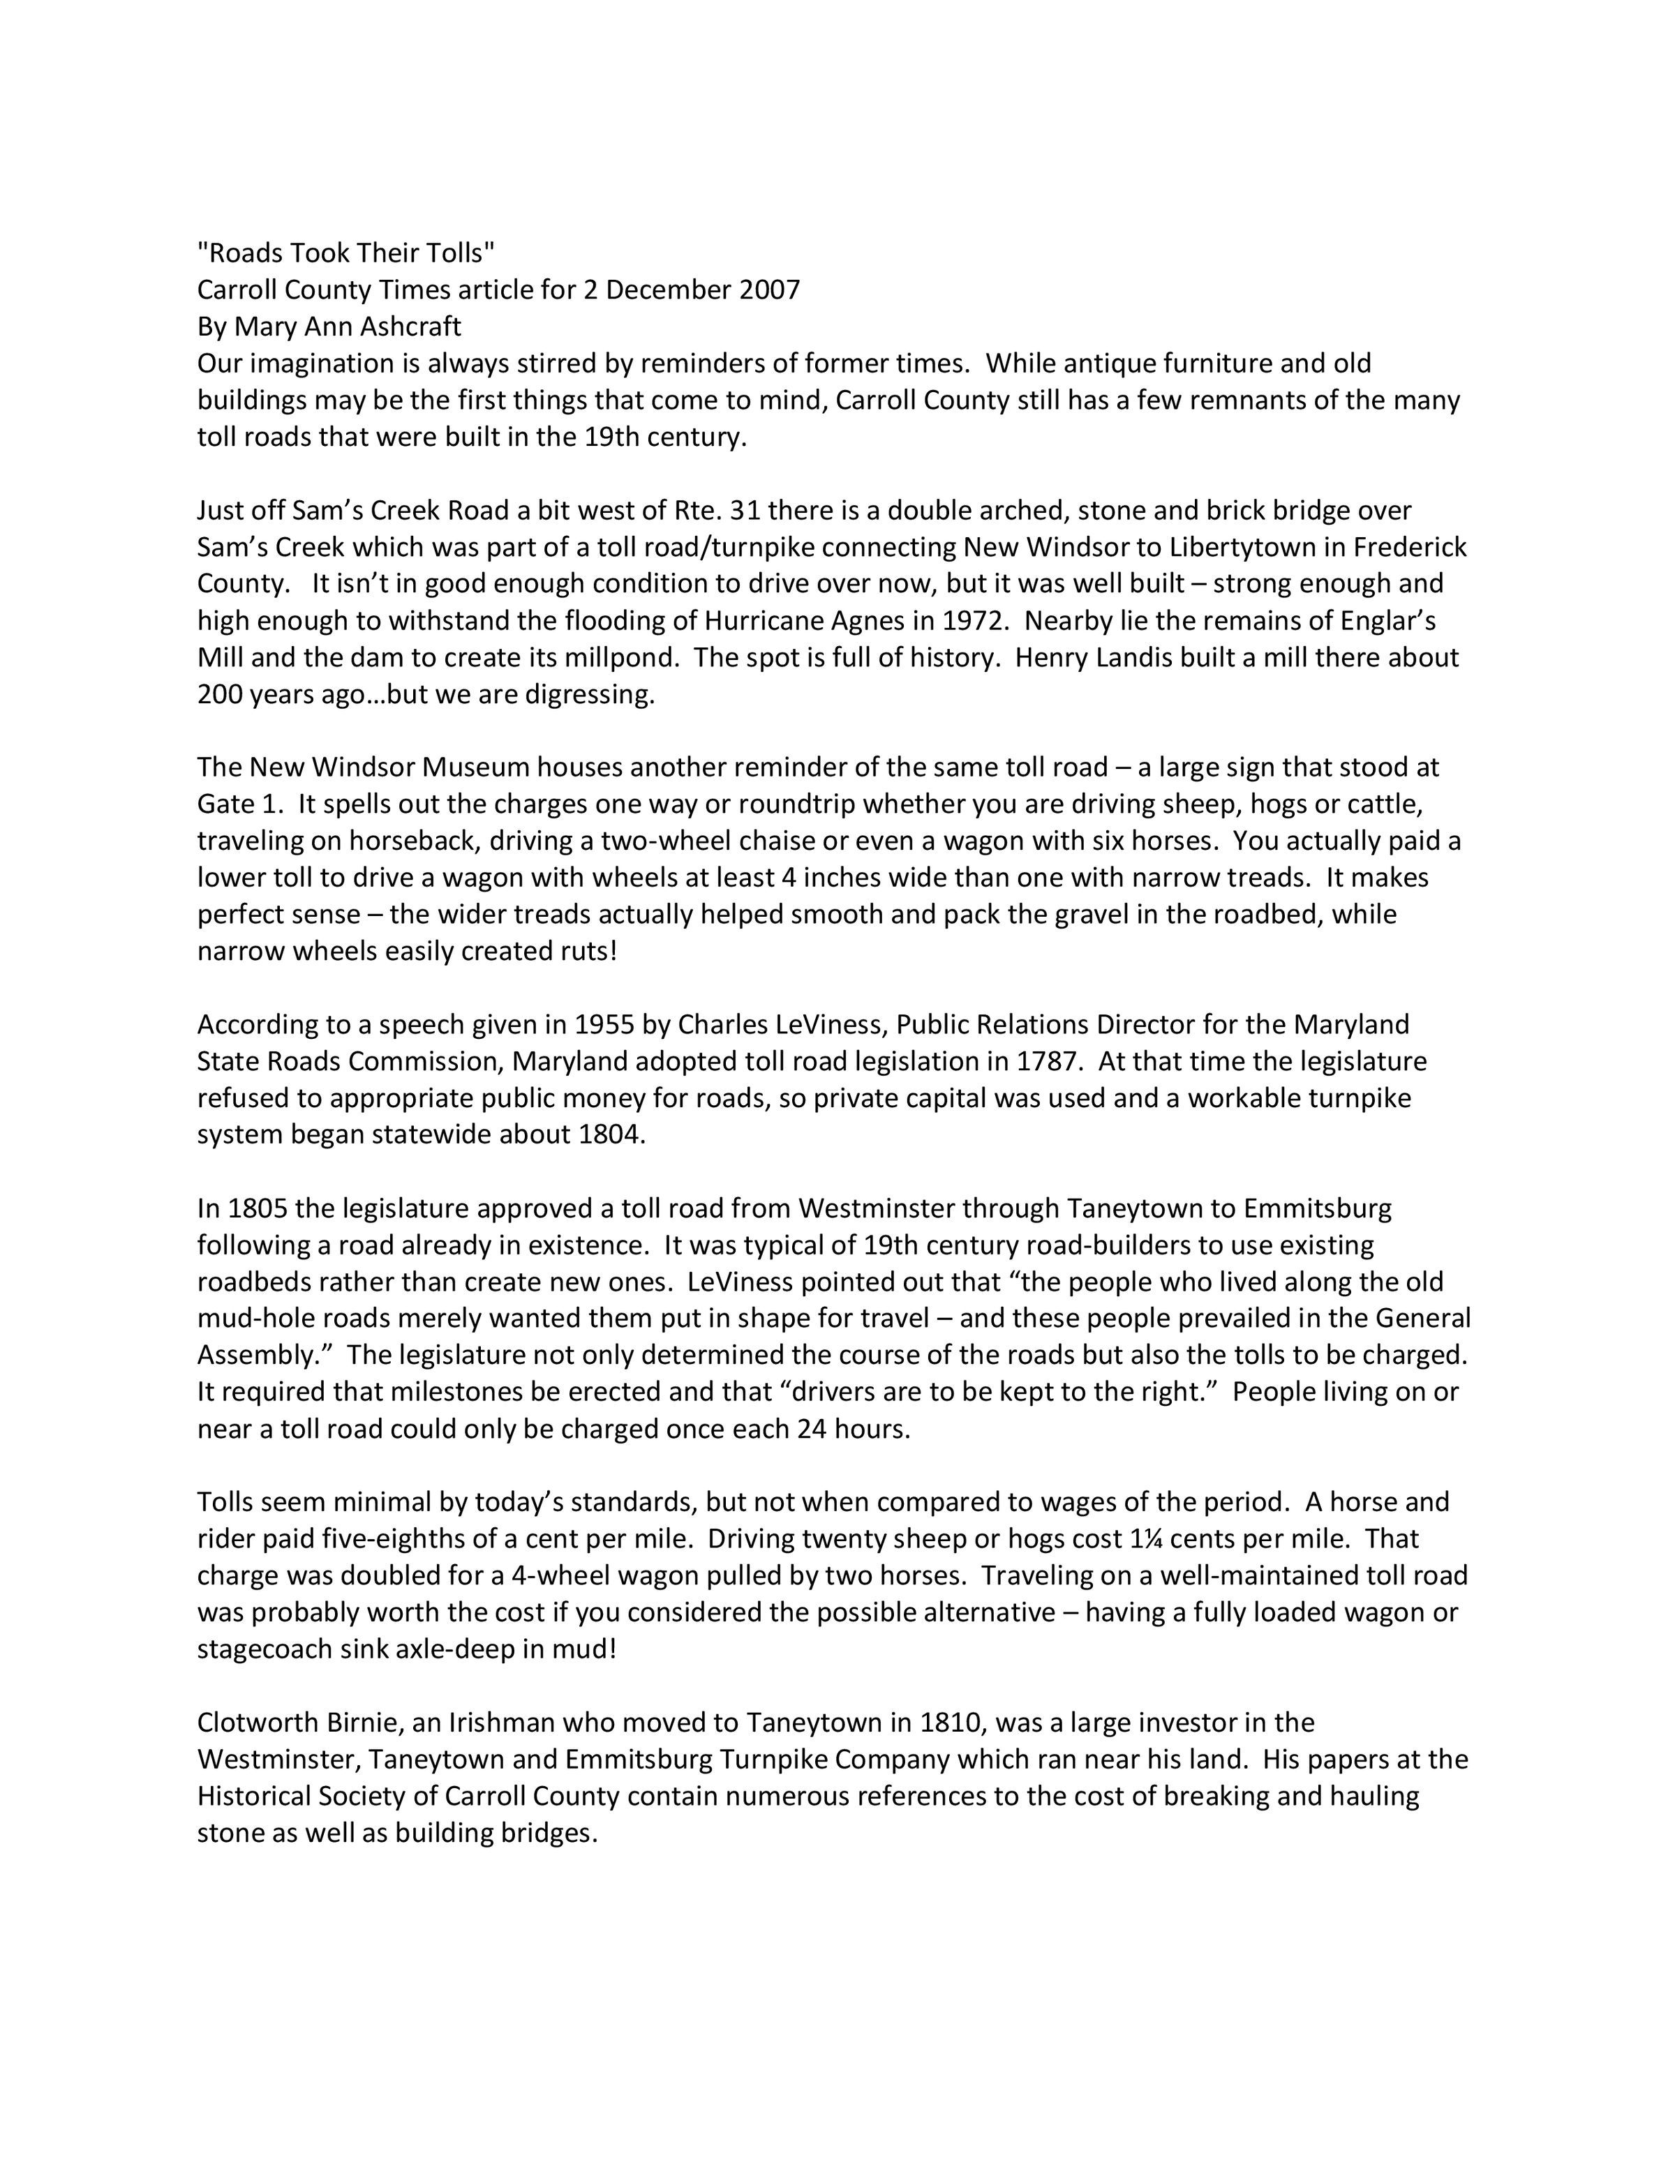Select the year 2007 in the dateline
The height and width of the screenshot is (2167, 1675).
coord(769,290)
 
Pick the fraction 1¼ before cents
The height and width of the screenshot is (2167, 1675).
coord(1146,1538)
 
